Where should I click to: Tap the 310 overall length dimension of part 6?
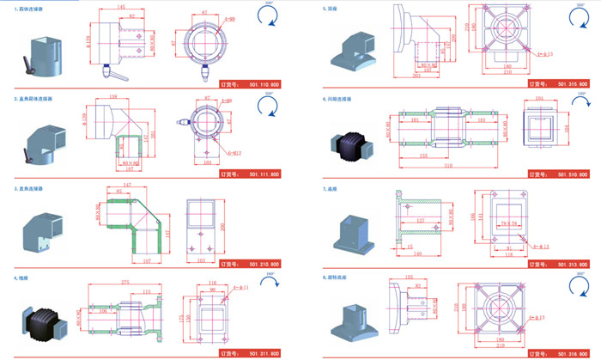[x=447, y=165]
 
